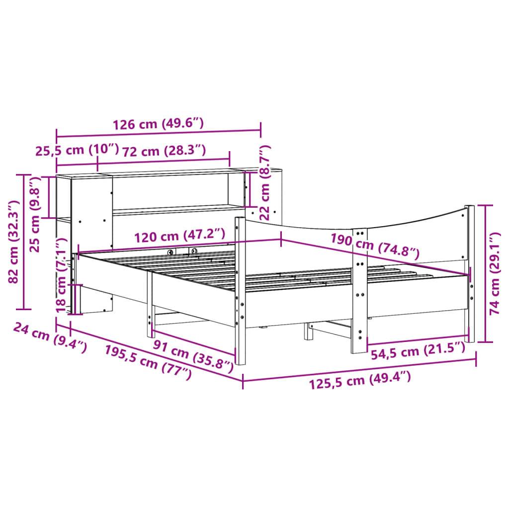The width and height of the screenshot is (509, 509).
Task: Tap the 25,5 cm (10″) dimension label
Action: coord(77,150)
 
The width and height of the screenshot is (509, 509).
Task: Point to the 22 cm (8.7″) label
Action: coord(265,182)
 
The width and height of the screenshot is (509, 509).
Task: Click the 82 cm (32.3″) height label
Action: coord(14,242)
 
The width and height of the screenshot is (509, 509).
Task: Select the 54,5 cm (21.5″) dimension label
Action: coord(418,352)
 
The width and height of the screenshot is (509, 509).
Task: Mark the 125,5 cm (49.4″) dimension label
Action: coord(360,383)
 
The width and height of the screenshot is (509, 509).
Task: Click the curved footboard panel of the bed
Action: coord(413,234)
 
